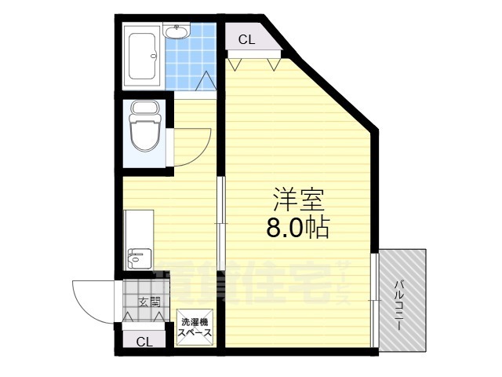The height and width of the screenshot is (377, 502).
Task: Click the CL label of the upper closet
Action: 246,38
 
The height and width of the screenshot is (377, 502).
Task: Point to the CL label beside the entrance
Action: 144,342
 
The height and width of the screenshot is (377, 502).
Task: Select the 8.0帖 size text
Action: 296,228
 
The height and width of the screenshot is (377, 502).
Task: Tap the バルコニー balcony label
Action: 399,302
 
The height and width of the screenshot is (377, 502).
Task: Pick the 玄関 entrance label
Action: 149,302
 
